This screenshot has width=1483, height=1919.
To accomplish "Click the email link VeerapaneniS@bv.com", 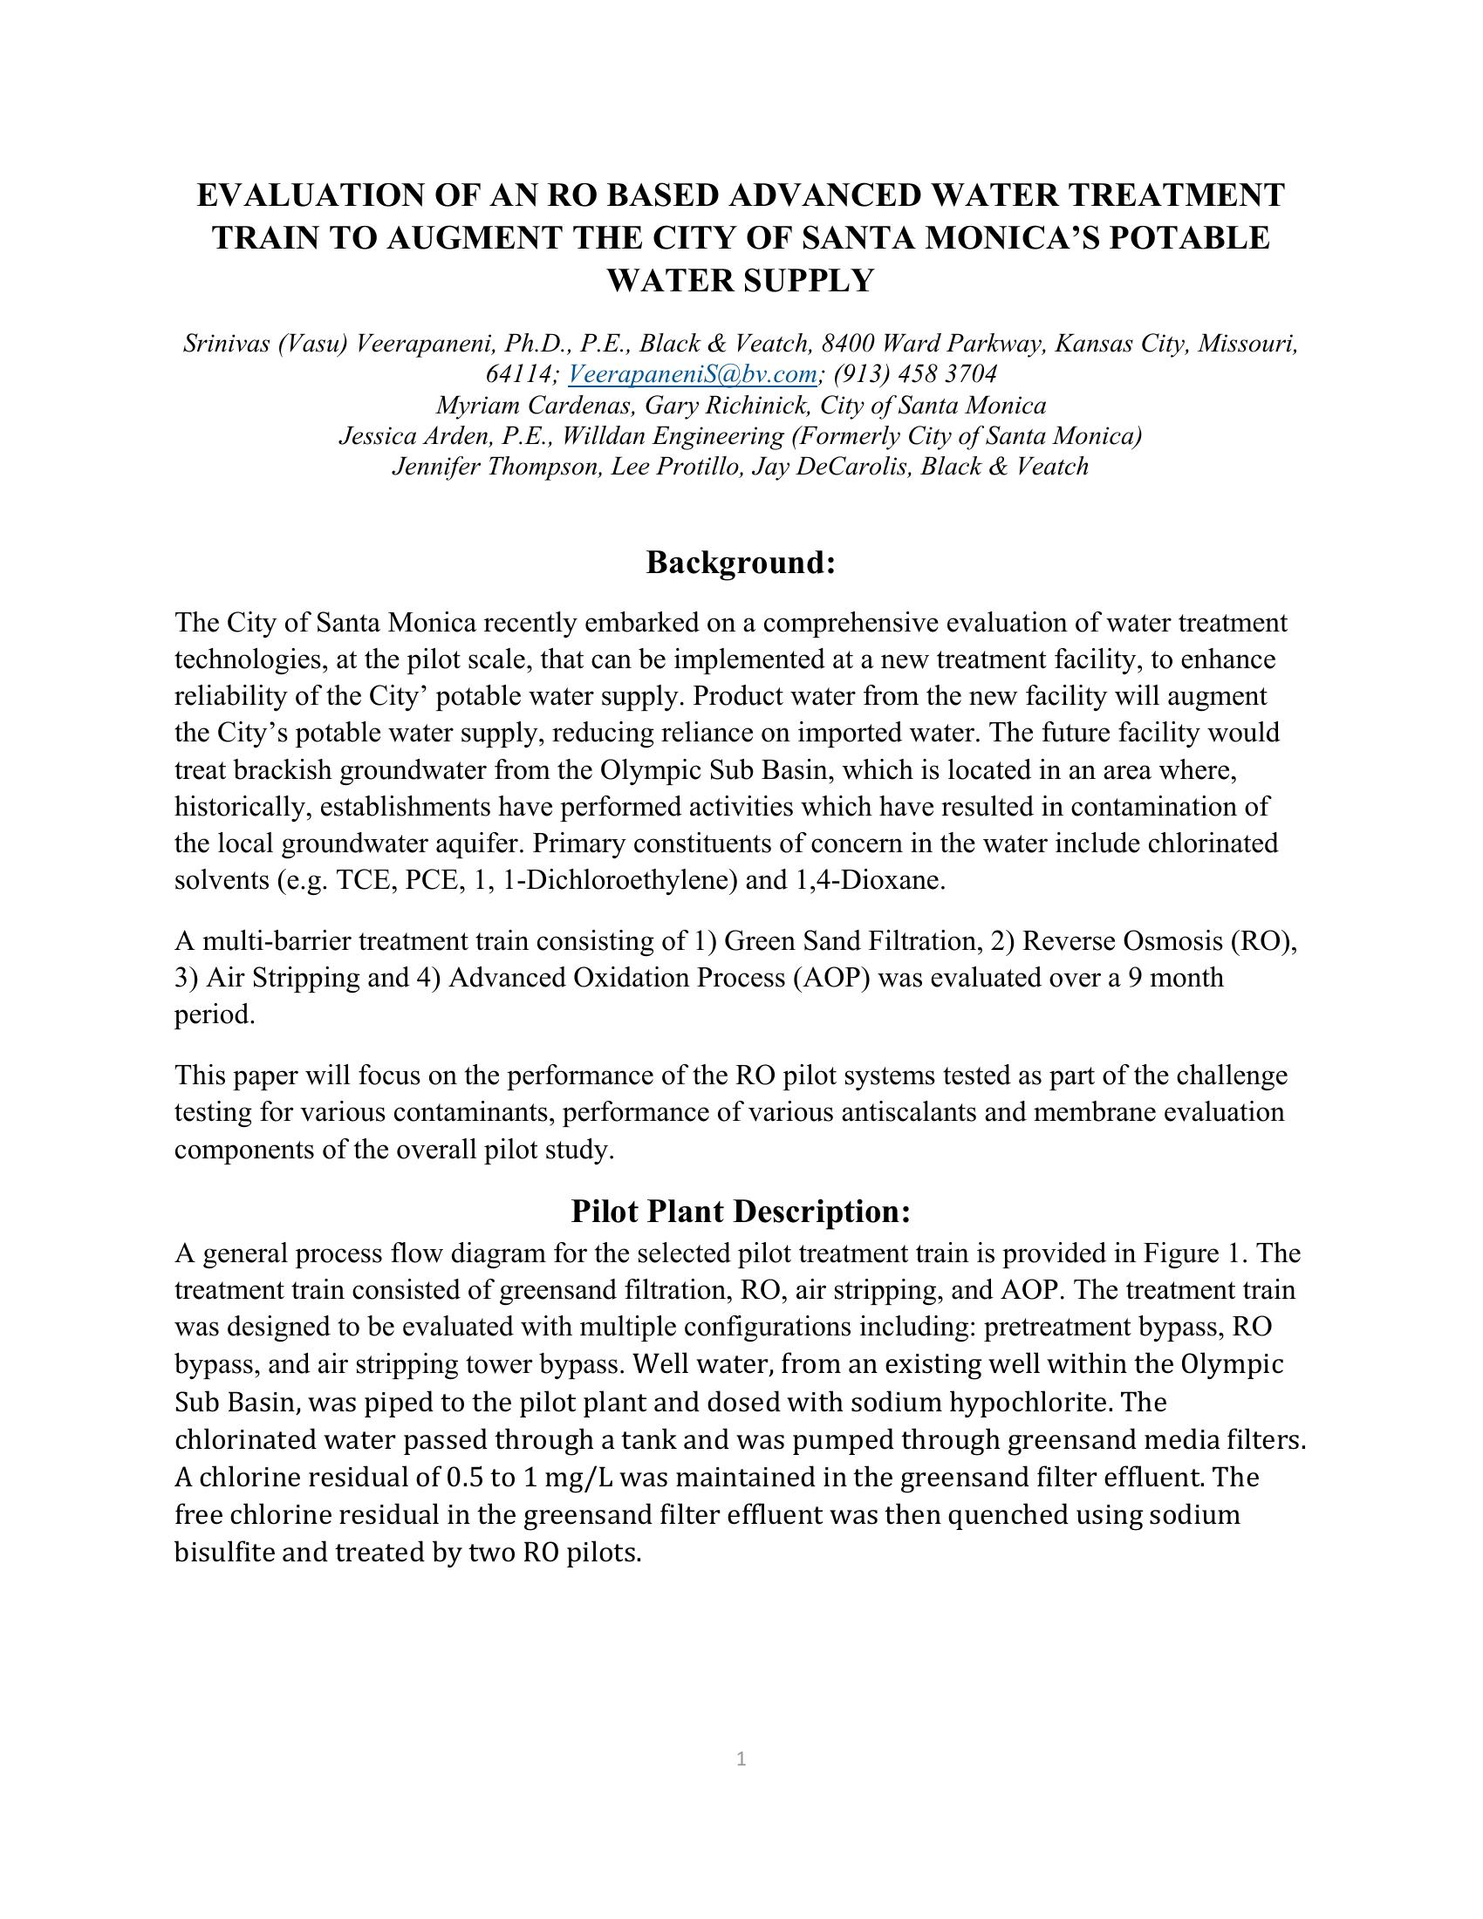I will [693, 374].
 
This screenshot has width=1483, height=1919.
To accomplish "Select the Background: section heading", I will [741, 563].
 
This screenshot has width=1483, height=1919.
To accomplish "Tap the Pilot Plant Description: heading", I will [741, 1212].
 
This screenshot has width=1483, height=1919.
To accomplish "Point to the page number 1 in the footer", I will [741, 1759].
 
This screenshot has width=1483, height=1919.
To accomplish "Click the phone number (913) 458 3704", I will [915, 374].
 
